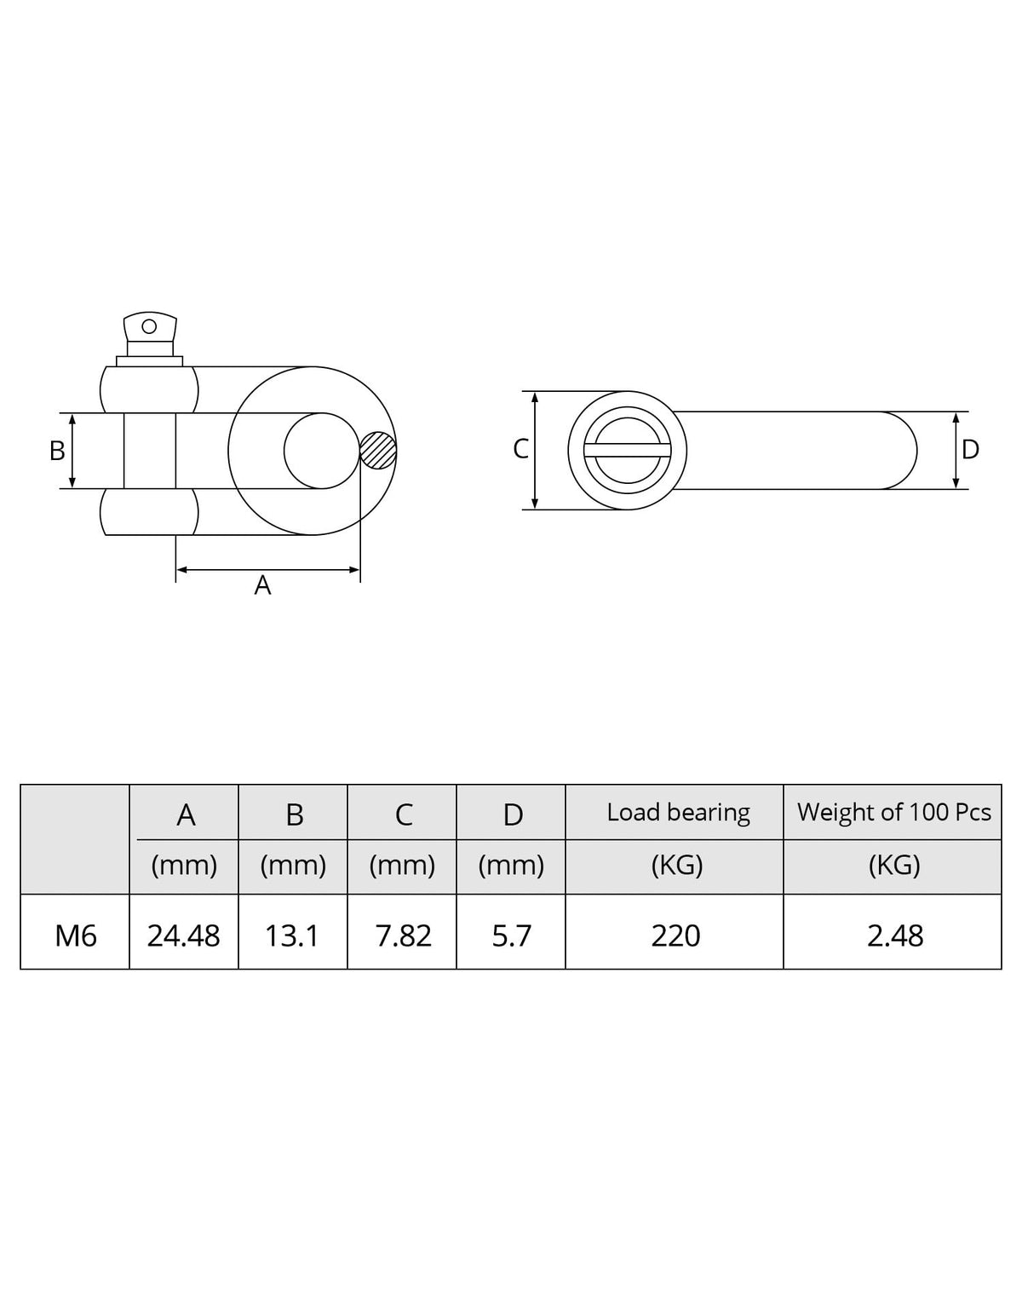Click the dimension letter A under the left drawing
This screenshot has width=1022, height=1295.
262,585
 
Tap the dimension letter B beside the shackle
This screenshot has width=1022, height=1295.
57,451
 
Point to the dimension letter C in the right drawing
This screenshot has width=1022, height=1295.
521,450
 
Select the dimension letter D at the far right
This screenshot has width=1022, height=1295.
970,450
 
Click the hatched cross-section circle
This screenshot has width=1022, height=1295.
378,450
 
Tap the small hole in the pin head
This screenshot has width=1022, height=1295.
149,327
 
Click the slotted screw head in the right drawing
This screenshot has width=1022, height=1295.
628,451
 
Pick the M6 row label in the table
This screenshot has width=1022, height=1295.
76,936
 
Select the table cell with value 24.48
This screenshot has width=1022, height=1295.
183,936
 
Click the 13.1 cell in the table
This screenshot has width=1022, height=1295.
292,936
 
